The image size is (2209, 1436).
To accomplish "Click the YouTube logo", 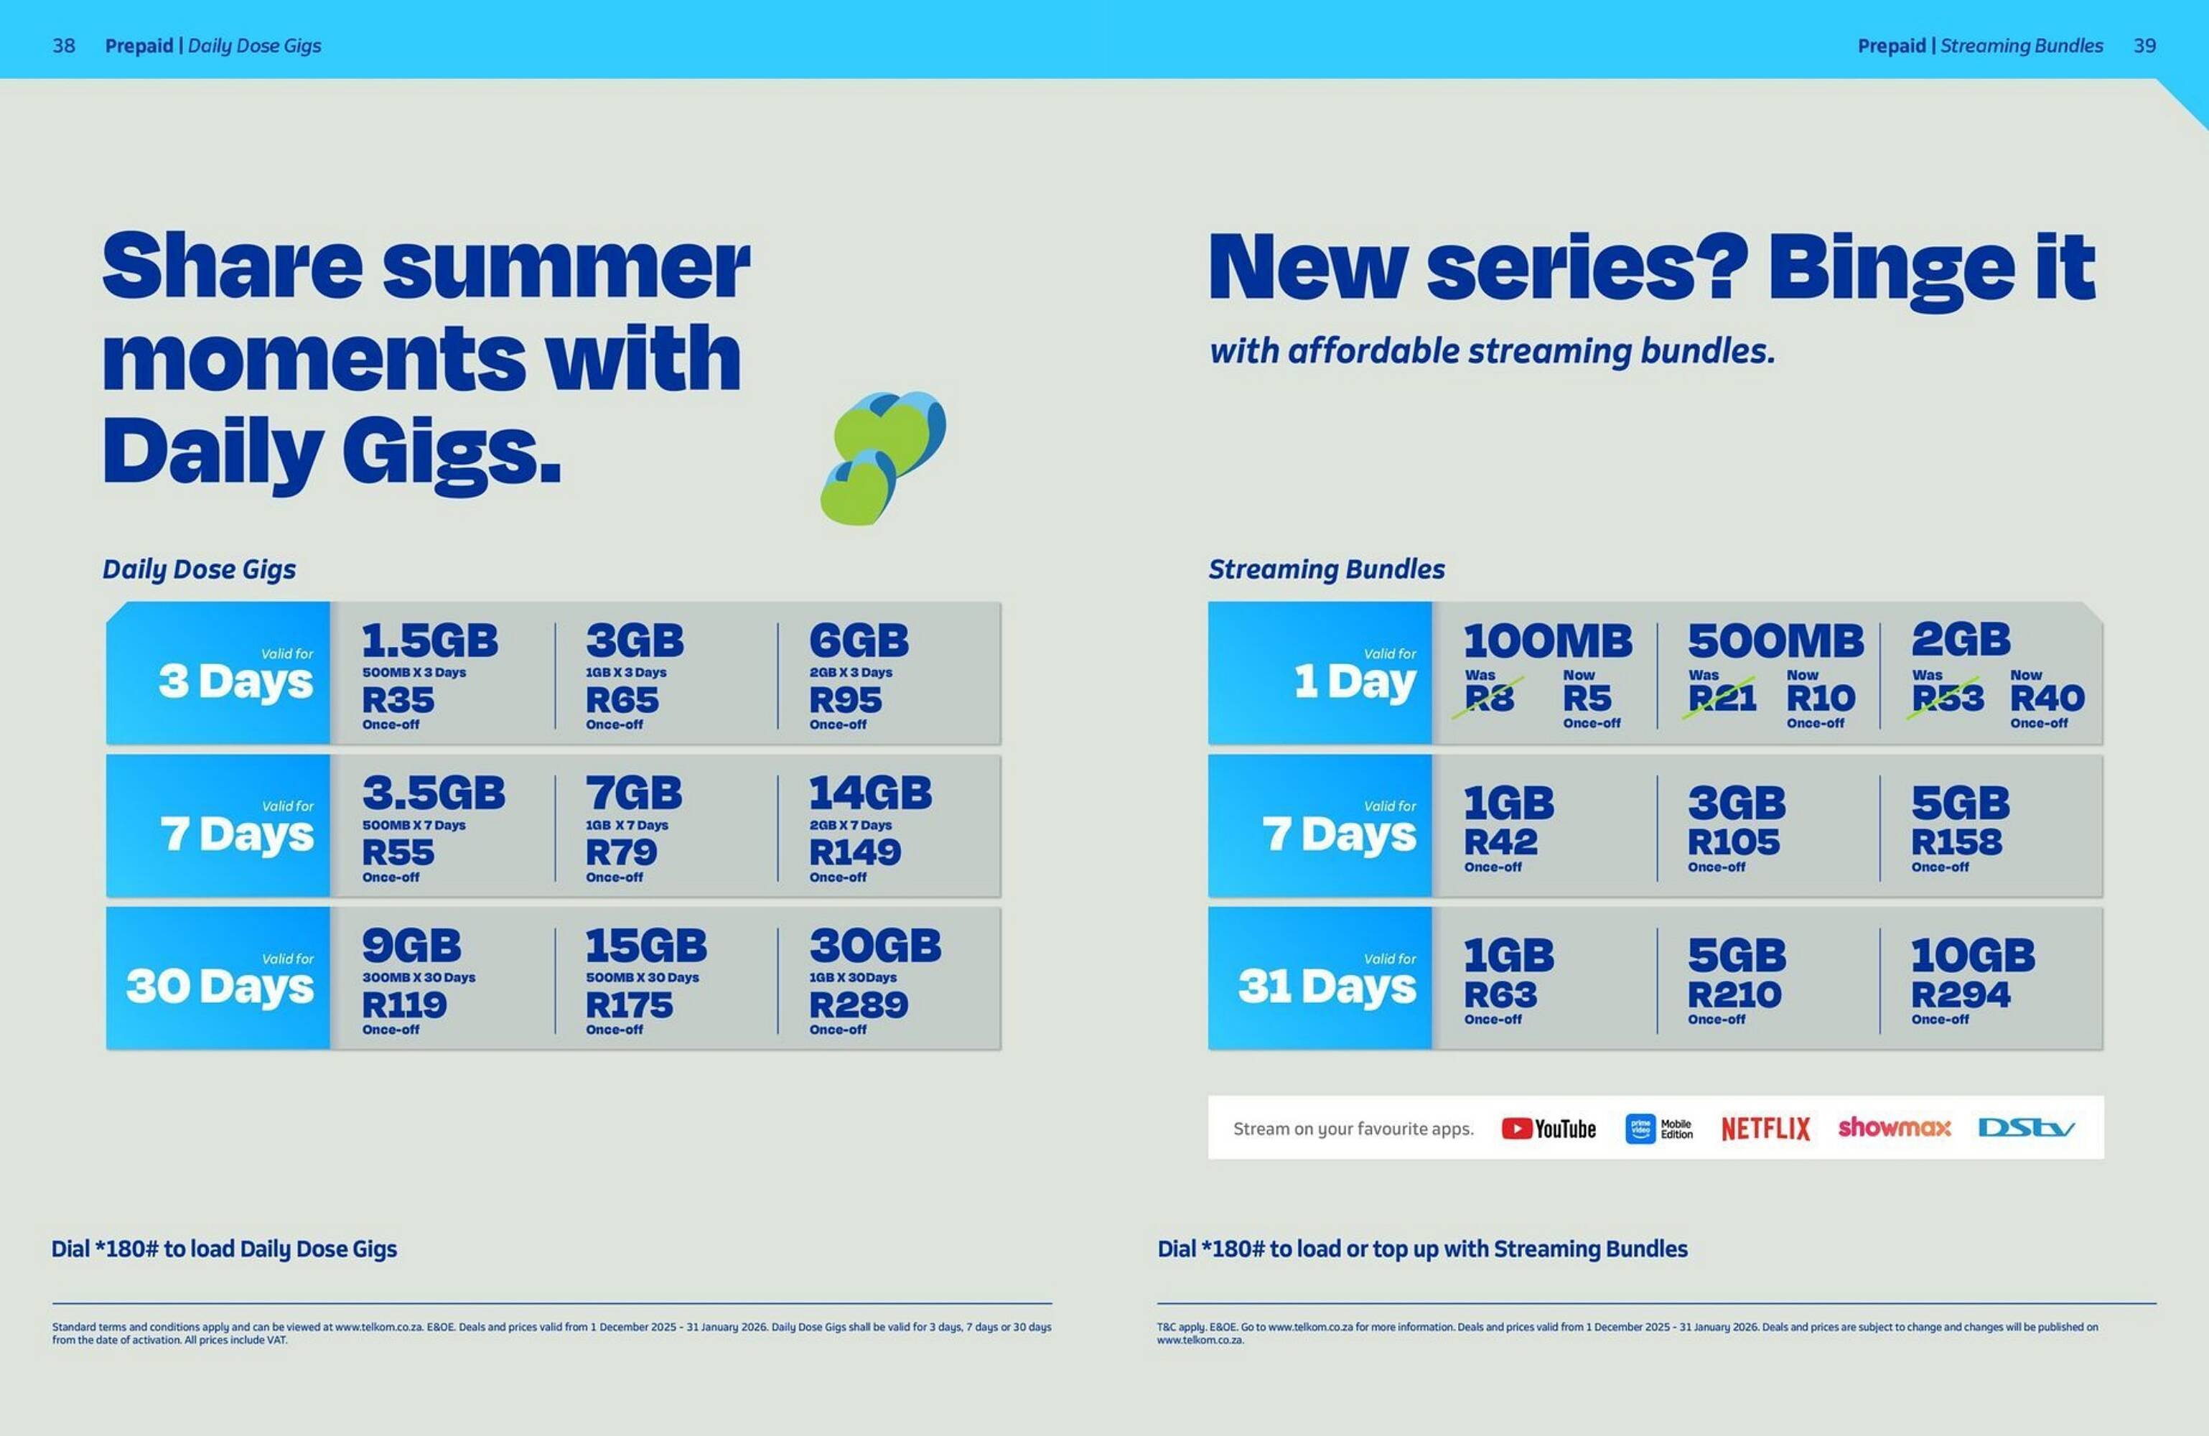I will pos(1548,1128).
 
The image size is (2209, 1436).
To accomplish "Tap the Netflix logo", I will pos(1765,1128).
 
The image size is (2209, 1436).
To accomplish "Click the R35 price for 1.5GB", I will pos(398,700).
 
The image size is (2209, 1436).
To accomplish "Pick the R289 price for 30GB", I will pos(859,1004).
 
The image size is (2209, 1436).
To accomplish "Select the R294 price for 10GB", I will pos(1961,994).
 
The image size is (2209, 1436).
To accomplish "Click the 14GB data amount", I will pos(869,793).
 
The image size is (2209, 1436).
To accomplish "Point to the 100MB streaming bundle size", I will pos(1547,640).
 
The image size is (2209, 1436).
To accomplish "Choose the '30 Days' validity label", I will pos(220,986).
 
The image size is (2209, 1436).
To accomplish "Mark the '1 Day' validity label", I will pos(1355,681).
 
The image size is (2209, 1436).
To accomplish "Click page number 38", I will pos(64,45).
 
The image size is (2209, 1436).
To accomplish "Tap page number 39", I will pos(2144,45).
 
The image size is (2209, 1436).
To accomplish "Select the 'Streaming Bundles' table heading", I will pos(1326,569).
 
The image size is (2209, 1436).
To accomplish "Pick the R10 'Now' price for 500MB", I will pos(1820,698).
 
